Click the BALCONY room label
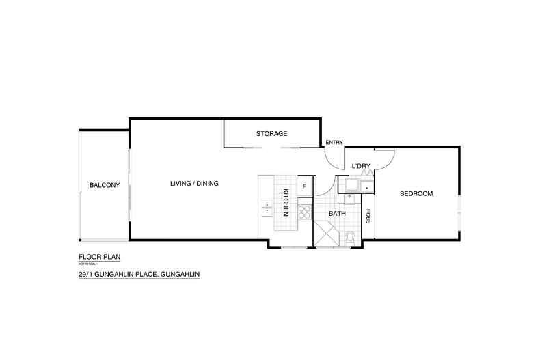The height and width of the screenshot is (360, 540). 105,185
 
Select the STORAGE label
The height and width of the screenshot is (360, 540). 271,133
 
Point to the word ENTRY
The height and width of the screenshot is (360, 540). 334,142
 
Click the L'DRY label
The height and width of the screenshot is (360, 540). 360,166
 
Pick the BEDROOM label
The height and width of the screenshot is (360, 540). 416,194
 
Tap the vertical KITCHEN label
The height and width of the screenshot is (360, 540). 286,203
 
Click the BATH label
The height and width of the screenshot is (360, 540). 337,213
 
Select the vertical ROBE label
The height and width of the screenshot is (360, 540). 368,216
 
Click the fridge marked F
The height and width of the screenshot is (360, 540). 304,186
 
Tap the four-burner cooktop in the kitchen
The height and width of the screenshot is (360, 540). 304,212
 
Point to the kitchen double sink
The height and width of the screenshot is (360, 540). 267,207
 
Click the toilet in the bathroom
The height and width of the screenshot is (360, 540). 350,236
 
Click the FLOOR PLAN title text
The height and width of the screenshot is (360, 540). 94,258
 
